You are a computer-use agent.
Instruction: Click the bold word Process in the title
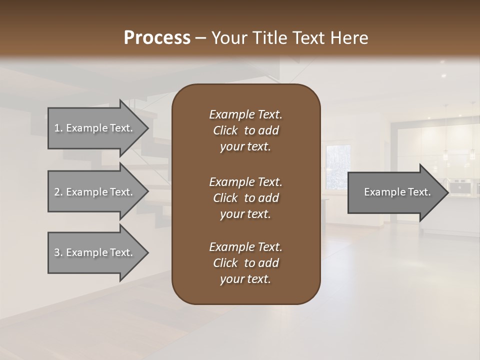(x=157, y=37)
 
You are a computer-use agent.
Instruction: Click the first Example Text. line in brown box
(x=245, y=114)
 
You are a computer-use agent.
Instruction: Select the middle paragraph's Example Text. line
(x=245, y=181)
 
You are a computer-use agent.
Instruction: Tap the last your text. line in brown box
(x=245, y=279)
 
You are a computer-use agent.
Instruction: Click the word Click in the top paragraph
(x=225, y=130)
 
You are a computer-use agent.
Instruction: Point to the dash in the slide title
(x=200, y=38)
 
